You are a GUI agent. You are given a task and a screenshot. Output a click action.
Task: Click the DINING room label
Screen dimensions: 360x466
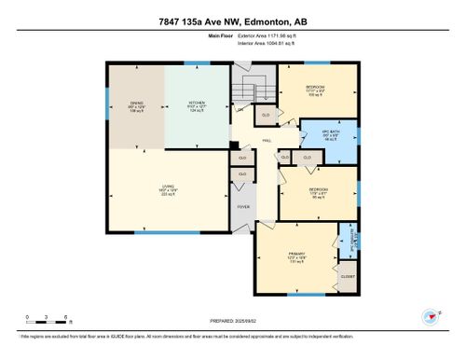[x=134, y=104]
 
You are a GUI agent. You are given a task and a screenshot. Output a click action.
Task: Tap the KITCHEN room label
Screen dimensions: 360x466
[x=197, y=104]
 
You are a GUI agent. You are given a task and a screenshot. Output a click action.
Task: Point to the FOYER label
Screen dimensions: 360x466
[x=242, y=206]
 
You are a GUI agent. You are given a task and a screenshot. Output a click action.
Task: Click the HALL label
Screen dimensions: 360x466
[x=267, y=140]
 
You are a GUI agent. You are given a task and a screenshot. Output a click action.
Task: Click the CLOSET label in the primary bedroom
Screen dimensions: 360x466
[x=347, y=276]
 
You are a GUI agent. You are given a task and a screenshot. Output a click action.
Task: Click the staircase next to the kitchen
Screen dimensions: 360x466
[x=242, y=93]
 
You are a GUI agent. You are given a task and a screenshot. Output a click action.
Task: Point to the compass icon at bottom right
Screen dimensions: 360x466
[x=430, y=315]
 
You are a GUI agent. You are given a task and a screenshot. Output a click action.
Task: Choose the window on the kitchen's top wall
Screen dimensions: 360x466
[x=197, y=63]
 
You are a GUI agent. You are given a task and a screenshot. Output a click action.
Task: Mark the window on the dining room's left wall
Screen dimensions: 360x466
[x=107, y=104]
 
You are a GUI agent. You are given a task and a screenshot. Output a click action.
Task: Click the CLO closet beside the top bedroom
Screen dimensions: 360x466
[x=266, y=115]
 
